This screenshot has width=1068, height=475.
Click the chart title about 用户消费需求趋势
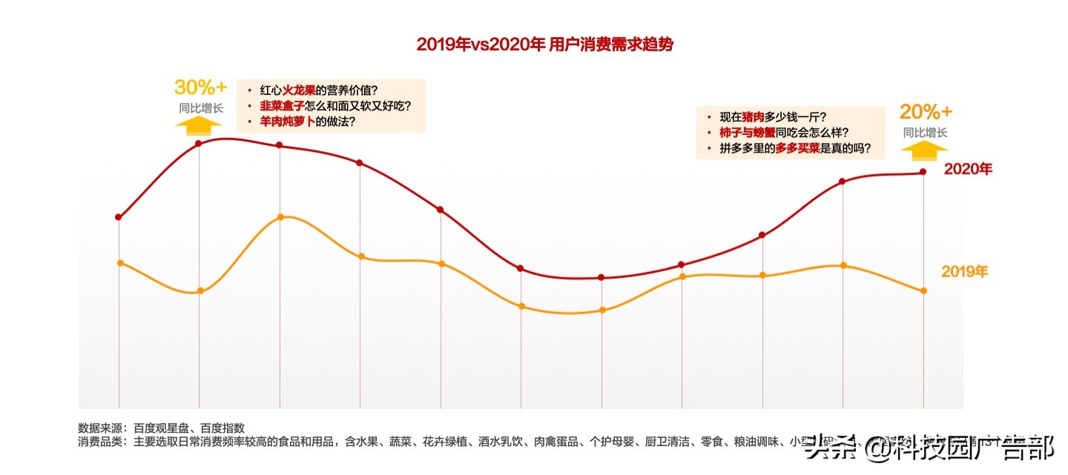(x=544, y=44)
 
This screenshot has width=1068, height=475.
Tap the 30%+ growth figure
(x=200, y=87)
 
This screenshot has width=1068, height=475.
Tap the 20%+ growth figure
(x=925, y=113)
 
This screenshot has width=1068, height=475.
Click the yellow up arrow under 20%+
(x=924, y=149)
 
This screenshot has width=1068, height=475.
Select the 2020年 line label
(x=967, y=170)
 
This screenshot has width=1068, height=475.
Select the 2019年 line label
(x=964, y=272)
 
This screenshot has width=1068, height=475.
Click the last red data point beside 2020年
(x=923, y=172)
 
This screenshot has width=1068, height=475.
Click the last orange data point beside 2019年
(x=923, y=290)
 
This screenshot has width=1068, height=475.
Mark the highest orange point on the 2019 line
(x=280, y=217)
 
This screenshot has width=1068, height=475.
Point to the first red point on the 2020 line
(x=119, y=217)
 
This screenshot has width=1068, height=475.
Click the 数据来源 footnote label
(x=102, y=428)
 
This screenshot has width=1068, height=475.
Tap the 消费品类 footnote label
(x=102, y=442)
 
